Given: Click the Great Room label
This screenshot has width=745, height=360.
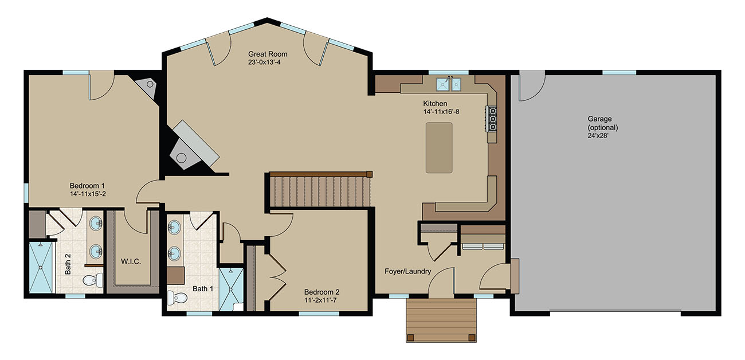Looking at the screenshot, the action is (268, 54).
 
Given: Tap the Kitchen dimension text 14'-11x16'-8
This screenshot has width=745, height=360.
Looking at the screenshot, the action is (441, 112).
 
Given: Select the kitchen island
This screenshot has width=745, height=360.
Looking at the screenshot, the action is (439, 148).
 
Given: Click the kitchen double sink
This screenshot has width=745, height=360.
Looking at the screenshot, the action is (449, 84).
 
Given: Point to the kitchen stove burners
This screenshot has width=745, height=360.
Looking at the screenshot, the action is (492, 119).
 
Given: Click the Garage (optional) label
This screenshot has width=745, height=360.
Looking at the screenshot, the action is (602, 123).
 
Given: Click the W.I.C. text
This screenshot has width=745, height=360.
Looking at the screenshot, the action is (131, 261).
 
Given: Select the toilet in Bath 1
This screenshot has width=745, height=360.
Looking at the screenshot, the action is (177, 298).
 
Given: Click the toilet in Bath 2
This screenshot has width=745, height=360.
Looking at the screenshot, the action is (93, 280).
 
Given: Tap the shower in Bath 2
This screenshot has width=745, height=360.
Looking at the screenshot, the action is (41, 268).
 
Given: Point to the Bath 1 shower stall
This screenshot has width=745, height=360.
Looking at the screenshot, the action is (231, 288).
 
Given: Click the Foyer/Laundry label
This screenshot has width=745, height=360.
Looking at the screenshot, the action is (408, 271).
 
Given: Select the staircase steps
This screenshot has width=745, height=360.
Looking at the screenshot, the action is (320, 191).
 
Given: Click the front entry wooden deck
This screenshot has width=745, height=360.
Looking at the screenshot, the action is (441, 320).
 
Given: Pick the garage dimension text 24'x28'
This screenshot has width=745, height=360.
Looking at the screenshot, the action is (598, 136).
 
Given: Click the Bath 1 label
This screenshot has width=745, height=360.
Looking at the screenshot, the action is (203, 288).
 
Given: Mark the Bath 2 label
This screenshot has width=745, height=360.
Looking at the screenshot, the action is (68, 264).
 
